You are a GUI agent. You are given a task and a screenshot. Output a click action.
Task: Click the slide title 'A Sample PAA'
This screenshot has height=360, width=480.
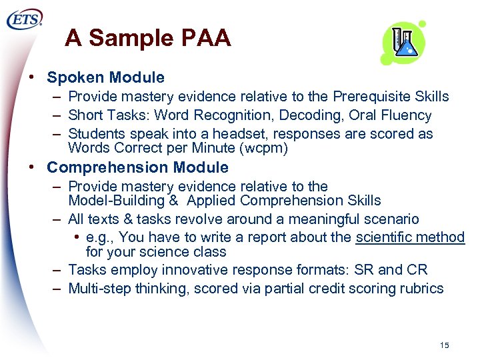coord(148,39)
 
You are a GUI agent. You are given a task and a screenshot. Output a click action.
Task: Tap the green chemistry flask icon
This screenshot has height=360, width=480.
coord(403,43)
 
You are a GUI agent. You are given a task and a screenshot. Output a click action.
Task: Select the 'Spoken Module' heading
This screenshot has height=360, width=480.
coord(105,78)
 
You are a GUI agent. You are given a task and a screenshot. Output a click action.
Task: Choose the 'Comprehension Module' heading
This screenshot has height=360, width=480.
coord(137,167)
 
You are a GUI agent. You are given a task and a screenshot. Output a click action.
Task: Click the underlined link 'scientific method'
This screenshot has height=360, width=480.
coord(410,237)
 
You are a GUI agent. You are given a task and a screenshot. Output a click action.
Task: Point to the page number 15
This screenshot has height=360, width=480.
coord(445,345)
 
